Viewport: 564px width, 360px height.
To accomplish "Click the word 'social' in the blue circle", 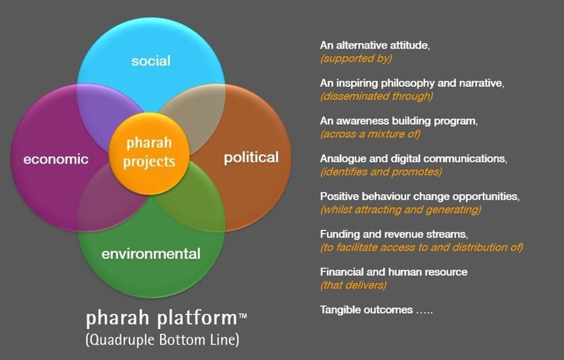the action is click(151, 61).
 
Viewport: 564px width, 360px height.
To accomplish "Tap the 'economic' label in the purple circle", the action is click(56, 159).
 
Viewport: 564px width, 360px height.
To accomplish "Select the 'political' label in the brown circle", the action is click(251, 158).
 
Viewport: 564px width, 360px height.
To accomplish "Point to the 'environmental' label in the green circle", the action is click(151, 254).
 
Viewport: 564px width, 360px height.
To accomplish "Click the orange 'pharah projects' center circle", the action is click(149, 154).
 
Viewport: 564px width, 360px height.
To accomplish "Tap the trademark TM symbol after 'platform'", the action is click(243, 316).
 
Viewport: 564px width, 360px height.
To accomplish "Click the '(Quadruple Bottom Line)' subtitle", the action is click(162, 340).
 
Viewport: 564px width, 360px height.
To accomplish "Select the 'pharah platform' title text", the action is click(162, 318).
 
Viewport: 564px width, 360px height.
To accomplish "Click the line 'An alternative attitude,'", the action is click(375, 46).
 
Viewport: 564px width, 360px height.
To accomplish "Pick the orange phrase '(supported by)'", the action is click(356, 58).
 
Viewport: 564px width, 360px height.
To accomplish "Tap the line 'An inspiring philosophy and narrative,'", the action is click(412, 83).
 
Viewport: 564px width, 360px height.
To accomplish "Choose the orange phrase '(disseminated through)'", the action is click(376, 96).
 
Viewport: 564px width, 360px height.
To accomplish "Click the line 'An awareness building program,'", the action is click(399, 121).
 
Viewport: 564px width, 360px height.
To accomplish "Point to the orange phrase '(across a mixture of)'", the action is click(370, 134).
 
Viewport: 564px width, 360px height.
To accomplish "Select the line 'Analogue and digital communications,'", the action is click(413, 159).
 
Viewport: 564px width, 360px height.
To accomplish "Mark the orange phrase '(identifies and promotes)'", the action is click(381, 172).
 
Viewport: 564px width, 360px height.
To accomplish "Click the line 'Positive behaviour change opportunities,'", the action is click(420, 196).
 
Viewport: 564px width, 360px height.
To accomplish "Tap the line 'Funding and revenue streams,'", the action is click(394, 234).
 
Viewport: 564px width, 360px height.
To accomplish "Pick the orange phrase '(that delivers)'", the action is click(353, 285).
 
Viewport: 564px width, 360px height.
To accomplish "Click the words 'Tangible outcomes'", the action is click(366, 310).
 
